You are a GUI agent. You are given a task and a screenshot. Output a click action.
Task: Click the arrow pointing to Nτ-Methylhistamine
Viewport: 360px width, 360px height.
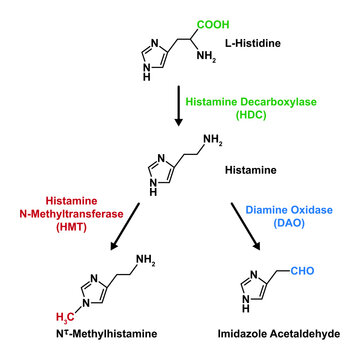(x=121, y=229)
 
